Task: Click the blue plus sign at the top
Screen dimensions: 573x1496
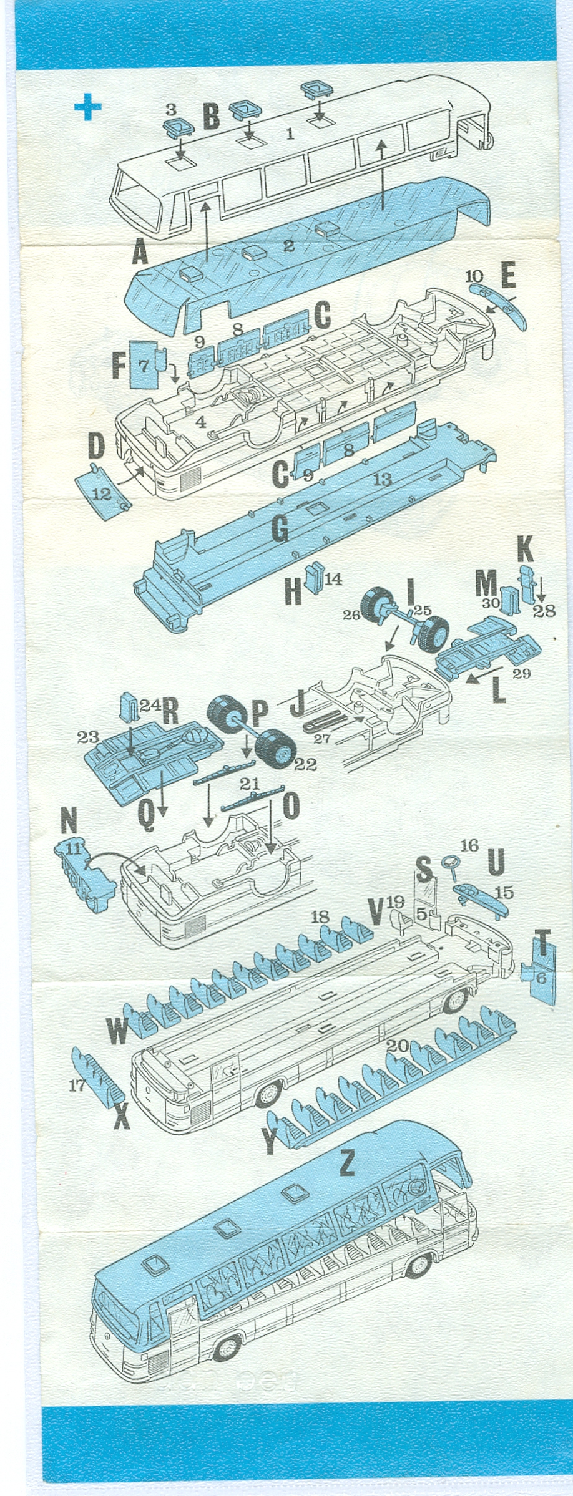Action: tap(88, 107)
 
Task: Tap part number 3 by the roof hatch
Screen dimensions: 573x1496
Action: tap(171, 110)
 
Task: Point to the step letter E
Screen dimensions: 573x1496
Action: tap(508, 276)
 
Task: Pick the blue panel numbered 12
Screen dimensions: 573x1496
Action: tap(102, 494)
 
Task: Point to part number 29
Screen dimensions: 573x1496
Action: tap(521, 673)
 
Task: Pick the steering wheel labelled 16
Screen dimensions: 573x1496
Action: tap(453, 867)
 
